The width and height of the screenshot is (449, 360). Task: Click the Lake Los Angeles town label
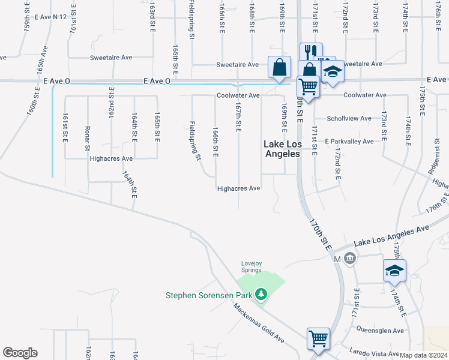coord(282,148)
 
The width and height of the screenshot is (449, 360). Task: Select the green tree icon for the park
coord(261,294)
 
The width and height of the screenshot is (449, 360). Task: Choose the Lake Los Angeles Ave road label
coord(392,235)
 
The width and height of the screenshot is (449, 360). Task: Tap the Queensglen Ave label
coord(381,330)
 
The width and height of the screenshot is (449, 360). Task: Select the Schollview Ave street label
coord(349,118)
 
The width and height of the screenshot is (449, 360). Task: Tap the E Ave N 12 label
coord(50,17)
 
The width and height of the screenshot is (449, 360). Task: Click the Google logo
coord(20,352)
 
